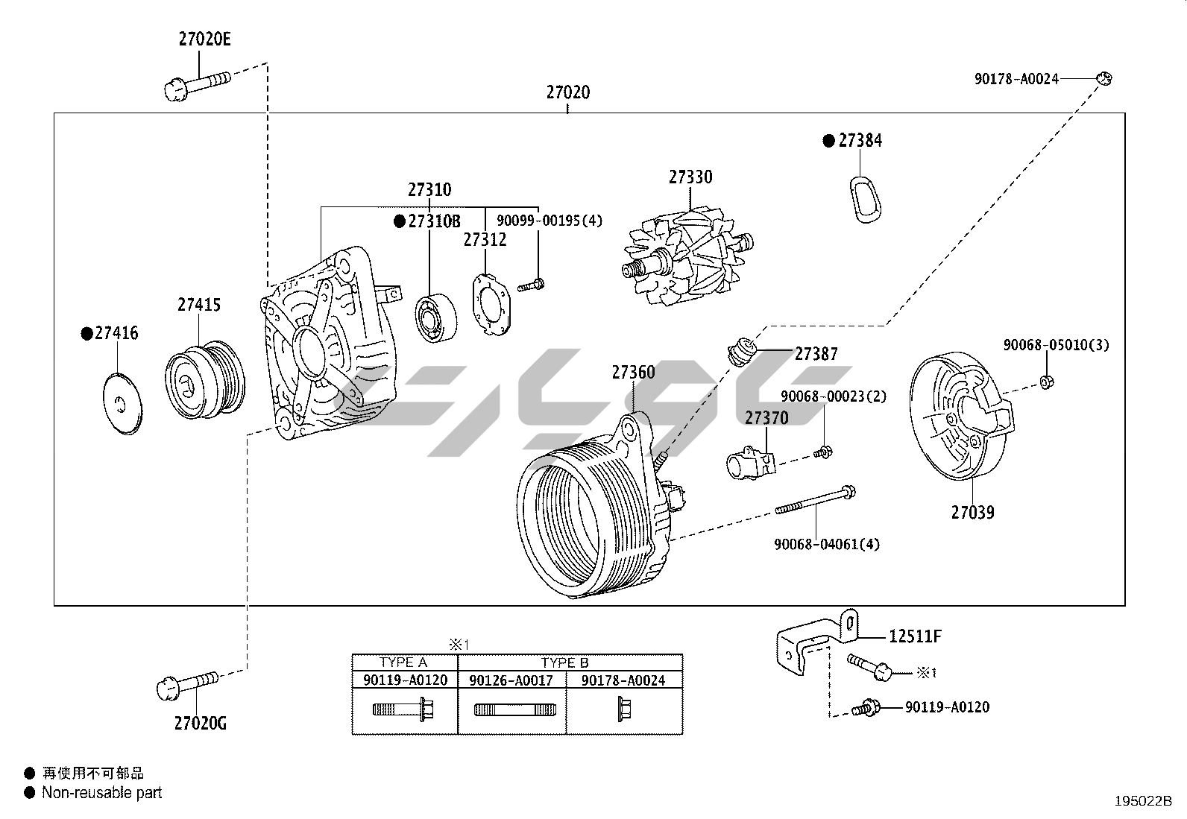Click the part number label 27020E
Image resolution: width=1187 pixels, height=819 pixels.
[x=204, y=39]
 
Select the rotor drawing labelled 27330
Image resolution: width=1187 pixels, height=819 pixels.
[x=687, y=257]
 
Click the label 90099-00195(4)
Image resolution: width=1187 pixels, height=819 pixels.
[x=550, y=221]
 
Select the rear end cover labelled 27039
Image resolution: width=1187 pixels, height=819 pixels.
[x=961, y=418]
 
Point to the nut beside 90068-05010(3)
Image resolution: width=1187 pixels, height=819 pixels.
[x=1046, y=382]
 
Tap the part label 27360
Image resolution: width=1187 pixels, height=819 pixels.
[x=633, y=372]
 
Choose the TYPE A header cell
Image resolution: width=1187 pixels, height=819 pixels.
[x=403, y=663]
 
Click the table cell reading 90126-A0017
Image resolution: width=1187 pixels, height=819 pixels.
[x=511, y=680]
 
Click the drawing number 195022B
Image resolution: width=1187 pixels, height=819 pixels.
[x=1143, y=801]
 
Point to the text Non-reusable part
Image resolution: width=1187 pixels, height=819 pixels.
[x=101, y=793]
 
